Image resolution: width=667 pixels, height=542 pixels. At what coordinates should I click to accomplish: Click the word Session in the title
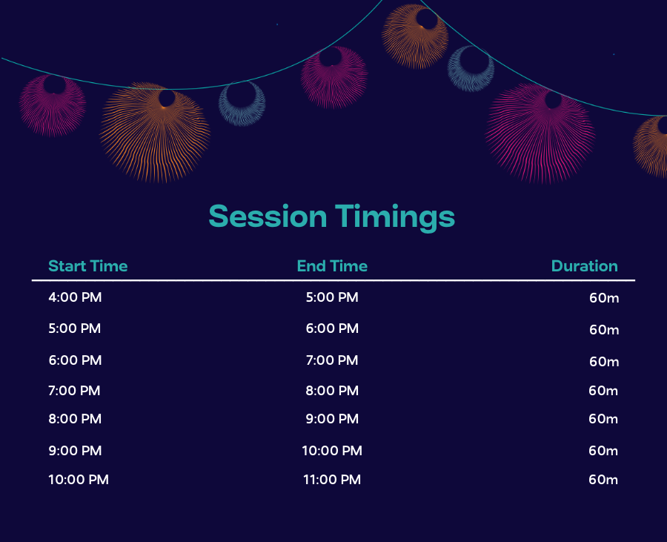(x=268, y=216)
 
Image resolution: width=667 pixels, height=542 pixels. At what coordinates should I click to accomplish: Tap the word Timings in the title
(x=395, y=218)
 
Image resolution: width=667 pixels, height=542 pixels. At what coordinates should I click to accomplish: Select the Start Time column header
(x=88, y=266)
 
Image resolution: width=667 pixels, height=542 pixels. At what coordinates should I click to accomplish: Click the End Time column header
(x=332, y=266)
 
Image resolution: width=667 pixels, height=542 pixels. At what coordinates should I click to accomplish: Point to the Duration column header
(x=585, y=266)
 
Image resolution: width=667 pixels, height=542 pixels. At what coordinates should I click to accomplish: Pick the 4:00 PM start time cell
(x=75, y=297)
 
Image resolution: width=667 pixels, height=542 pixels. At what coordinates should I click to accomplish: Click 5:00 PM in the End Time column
(x=332, y=297)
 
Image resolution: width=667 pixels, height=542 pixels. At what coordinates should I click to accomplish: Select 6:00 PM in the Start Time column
(x=75, y=360)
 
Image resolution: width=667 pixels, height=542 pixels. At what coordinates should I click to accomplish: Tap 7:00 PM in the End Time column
(x=332, y=360)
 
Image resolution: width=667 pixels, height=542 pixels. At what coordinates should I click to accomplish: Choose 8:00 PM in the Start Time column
(x=75, y=419)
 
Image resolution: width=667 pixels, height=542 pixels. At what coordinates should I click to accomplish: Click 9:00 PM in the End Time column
(x=332, y=419)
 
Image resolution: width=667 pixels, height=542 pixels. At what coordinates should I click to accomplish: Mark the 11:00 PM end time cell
(x=332, y=480)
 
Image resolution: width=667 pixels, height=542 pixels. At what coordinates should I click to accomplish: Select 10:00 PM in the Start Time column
(x=79, y=480)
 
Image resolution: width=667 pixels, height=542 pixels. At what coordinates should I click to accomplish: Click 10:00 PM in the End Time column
(x=332, y=451)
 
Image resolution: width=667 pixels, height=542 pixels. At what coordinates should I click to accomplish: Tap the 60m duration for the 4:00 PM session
(x=604, y=298)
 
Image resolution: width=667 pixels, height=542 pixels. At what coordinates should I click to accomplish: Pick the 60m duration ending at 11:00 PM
(x=603, y=480)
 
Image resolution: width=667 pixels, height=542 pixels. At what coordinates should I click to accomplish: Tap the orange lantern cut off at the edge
(x=651, y=147)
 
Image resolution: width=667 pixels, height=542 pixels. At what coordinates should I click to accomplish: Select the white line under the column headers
(x=333, y=280)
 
